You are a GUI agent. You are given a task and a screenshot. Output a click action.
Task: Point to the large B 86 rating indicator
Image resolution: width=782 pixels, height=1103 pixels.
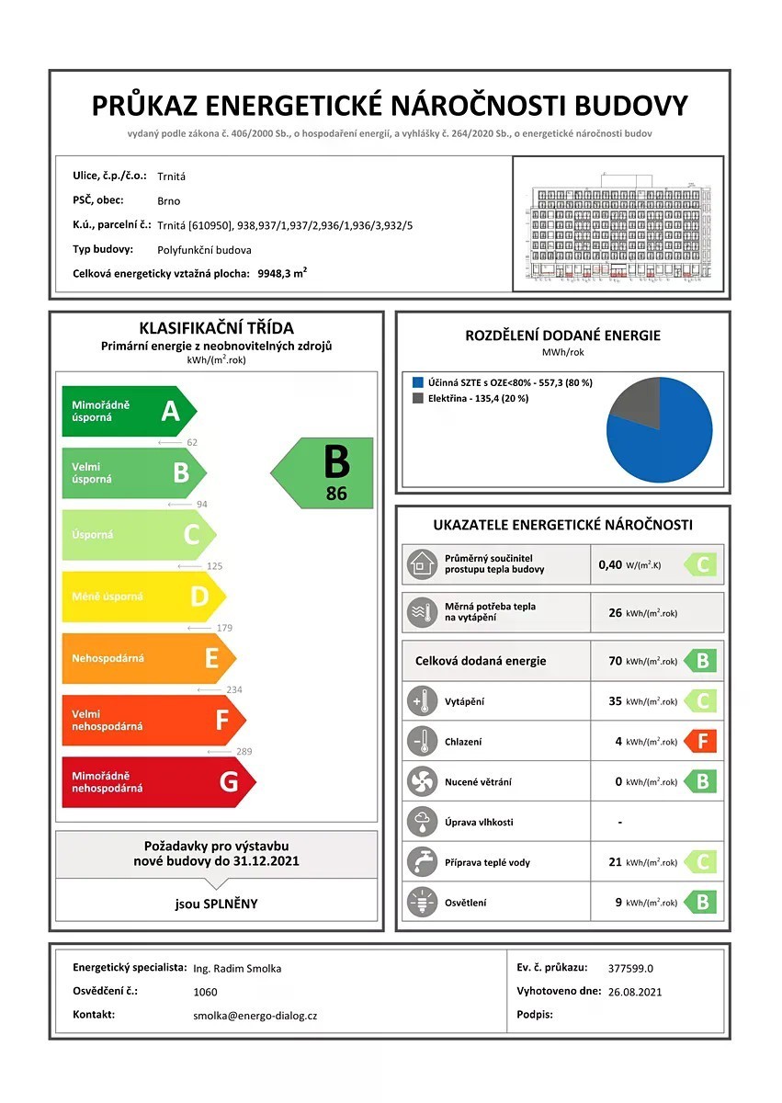point(324,472)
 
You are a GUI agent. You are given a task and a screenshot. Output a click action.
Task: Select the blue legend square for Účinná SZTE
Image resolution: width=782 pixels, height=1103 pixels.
point(418,381)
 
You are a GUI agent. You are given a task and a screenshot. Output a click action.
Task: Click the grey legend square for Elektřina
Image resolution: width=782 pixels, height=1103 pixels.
point(418,398)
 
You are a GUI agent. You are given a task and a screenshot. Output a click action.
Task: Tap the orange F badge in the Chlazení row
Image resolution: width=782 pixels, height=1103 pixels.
point(701,741)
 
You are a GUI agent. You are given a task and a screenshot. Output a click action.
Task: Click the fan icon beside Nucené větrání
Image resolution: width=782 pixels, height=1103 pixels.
point(421,781)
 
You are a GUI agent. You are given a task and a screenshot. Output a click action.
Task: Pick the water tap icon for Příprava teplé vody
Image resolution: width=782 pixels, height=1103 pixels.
point(421,862)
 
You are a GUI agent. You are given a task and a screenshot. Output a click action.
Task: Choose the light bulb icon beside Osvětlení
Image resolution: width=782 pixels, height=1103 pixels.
point(421,902)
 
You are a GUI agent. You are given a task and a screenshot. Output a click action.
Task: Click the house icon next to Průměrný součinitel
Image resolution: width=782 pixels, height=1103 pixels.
point(421,563)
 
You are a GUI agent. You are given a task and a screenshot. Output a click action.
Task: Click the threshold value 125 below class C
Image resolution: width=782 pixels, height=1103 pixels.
point(216,566)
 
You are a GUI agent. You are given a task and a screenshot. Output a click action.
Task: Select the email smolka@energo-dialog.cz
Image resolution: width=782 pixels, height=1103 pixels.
point(255,1016)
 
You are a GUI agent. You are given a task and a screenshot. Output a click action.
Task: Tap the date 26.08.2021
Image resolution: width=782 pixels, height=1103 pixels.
point(634,992)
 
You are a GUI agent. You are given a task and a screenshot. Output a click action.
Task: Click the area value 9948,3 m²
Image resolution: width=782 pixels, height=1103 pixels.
point(282,273)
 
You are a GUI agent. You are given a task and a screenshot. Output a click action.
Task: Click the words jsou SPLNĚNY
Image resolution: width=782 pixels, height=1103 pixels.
point(217,904)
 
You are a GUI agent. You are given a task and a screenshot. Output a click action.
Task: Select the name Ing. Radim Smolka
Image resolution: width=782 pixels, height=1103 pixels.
point(237,968)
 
